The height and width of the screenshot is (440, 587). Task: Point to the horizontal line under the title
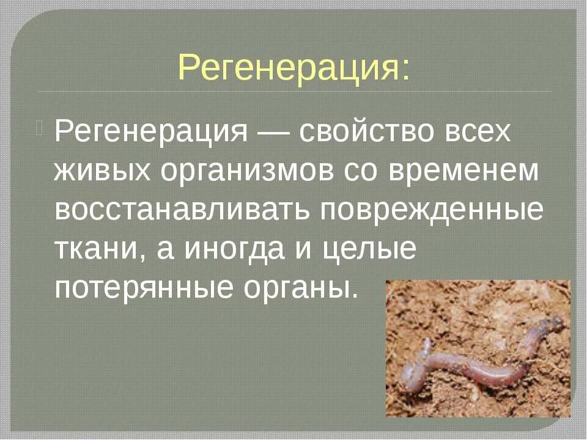(293, 92)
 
